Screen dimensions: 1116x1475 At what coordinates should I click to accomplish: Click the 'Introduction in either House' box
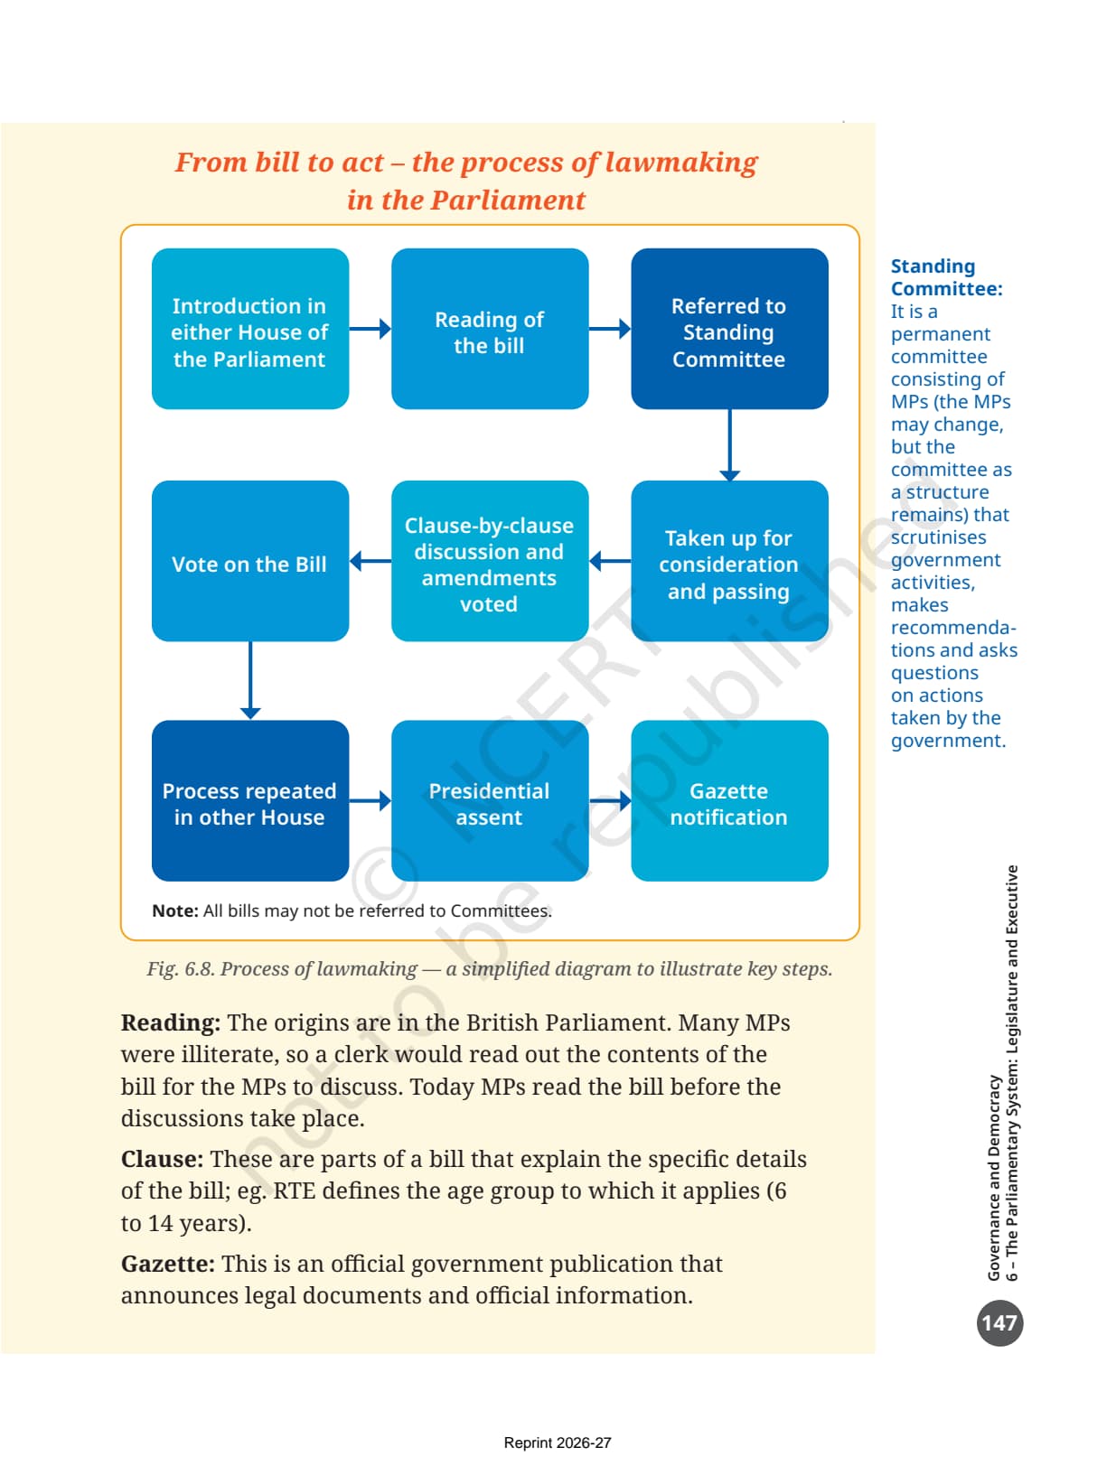pyautogui.click(x=250, y=329)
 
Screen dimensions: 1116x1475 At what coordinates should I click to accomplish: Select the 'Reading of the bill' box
pyautogui.click(x=490, y=329)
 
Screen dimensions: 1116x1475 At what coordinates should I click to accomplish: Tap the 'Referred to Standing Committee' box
pyautogui.click(x=729, y=329)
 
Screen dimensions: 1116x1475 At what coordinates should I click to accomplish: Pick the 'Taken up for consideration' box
pyautogui.click(x=729, y=560)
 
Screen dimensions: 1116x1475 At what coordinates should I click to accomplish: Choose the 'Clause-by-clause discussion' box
pyautogui.click(x=490, y=560)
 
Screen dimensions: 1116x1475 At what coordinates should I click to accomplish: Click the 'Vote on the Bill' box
pyautogui.click(x=250, y=560)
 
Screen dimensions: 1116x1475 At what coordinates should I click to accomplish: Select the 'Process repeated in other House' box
pyautogui.click(x=250, y=800)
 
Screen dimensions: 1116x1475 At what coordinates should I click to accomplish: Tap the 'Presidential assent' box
pyautogui.click(x=490, y=800)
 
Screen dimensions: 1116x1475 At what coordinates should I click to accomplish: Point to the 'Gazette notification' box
pyautogui.click(x=729, y=800)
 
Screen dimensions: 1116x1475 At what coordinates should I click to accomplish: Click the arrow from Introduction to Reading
pyautogui.click(x=370, y=329)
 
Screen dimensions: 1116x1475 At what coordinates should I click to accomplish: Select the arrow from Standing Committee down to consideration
pyautogui.click(x=729, y=445)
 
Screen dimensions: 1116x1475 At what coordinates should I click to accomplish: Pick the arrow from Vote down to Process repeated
pyautogui.click(x=250, y=680)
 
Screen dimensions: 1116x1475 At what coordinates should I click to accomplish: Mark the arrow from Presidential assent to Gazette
pyautogui.click(x=610, y=800)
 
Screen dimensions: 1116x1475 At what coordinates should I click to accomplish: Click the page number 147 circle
pyautogui.click(x=999, y=1322)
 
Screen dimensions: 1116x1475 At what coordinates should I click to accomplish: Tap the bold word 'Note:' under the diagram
pyautogui.click(x=175, y=910)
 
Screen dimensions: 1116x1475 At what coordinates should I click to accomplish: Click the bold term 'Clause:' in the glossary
pyautogui.click(x=162, y=1159)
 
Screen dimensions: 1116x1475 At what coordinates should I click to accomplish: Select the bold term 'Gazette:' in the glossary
pyautogui.click(x=168, y=1264)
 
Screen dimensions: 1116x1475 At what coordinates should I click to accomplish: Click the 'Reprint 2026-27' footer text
pyautogui.click(x=558, y=1442)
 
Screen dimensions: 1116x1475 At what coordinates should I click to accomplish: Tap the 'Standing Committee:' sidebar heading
pyautogui.click(x=947, y=277)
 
